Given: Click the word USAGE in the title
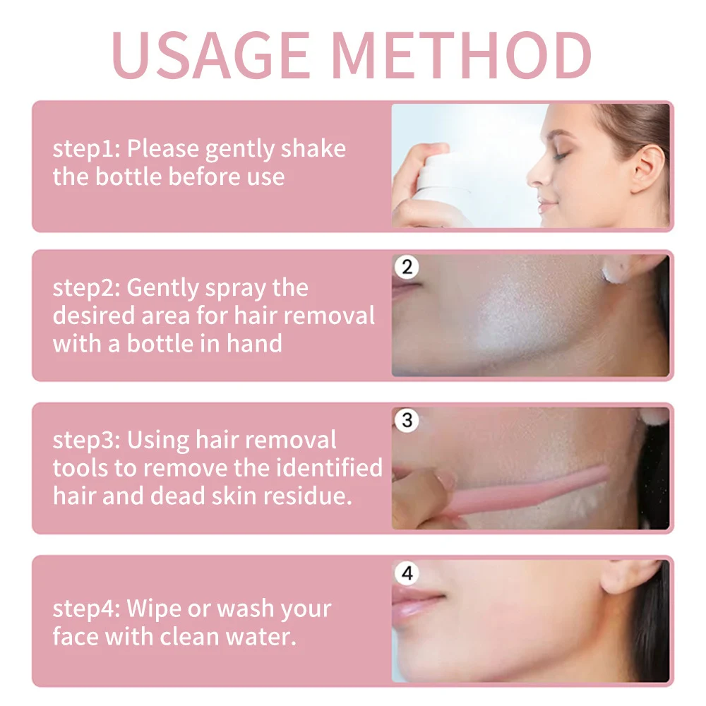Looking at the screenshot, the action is (211, 55).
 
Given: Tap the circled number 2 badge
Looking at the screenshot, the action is (407, 267).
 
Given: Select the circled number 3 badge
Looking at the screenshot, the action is (407, 420).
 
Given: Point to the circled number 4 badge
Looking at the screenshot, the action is (407, 573).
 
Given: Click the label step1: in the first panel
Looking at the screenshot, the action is (86, 149).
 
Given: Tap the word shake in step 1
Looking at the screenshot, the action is (313, 148).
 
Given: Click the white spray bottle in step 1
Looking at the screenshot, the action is (440, 189).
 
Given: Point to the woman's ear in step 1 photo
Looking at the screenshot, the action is (647, 169).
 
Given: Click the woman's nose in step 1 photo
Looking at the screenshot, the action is (538, 174).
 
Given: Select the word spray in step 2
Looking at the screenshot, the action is (235, 289).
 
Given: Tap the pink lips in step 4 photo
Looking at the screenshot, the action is (417, 604).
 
